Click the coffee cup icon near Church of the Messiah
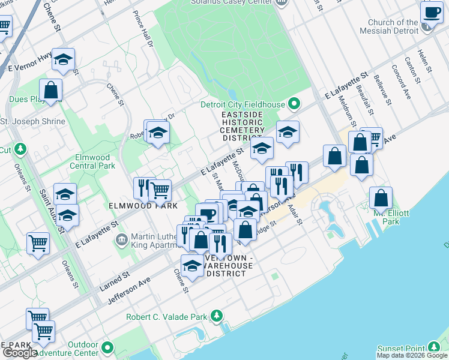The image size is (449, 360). (x=432, y=13)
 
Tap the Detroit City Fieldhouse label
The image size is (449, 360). (x=242, y=104)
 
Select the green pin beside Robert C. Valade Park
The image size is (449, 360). (x=217, y=316)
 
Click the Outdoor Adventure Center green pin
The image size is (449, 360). (x=107, y=347)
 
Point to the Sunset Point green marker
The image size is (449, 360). (x=434, y=347)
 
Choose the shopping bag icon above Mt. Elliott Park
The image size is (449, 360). (x=381, y=198)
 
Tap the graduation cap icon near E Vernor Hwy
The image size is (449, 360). (x=63, y=59)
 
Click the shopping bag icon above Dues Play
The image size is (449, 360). (x=52, y=91)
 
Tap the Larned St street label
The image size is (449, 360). (x=114, y=280)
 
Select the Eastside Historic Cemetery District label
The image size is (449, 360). (x=243, y=127)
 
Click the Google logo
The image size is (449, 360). (x=19, y=353)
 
